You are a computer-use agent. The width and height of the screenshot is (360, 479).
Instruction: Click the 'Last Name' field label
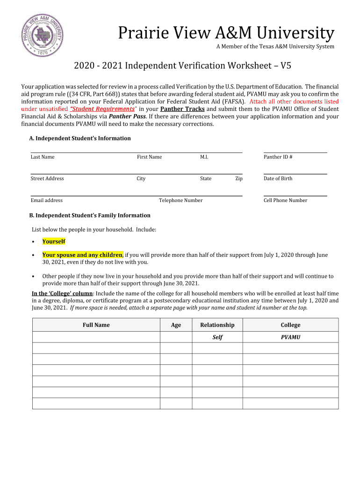click(x=43, y=157)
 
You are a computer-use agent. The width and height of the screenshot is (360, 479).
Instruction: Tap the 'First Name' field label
click(x=149, y=157)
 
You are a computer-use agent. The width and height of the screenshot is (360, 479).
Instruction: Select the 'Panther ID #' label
click(x=278, y=157)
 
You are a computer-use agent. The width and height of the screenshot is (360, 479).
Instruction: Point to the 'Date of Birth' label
click(x=278, y=179)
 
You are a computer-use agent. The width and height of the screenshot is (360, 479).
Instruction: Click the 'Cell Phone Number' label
click(x=285, y=201)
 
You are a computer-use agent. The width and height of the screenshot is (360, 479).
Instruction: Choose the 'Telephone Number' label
click(x=180, y=201)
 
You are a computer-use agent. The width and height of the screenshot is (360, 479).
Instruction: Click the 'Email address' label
click(x=46, y=201)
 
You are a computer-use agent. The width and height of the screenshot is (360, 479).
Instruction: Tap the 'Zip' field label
click(x=238, y=179)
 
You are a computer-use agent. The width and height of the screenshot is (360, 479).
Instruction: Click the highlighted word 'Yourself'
click(x=54, y=241)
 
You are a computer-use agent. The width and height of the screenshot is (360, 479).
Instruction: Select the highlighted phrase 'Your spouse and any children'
click(x=82, y=255)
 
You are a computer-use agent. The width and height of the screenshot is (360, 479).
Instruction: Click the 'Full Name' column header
click(x=96, y=325)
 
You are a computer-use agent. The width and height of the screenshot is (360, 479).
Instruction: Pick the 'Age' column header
click(x=176, y=325)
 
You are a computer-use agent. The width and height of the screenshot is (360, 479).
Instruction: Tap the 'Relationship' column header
click(x=217, y=325)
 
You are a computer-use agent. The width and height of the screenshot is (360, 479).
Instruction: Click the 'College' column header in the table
click(x=290, y=325)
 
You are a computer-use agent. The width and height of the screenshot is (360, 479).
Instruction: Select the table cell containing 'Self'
click(x=217, y=337)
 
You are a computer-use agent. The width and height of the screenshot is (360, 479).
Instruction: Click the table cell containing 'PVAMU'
click(x=290, y=337)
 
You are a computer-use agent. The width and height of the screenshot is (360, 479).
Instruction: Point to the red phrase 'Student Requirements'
click(x=102, y=109)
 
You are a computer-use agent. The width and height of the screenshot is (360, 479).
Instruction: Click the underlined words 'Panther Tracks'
click(x=182, y=109)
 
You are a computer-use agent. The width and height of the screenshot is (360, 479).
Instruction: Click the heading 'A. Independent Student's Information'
click(x=80, y=138)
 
